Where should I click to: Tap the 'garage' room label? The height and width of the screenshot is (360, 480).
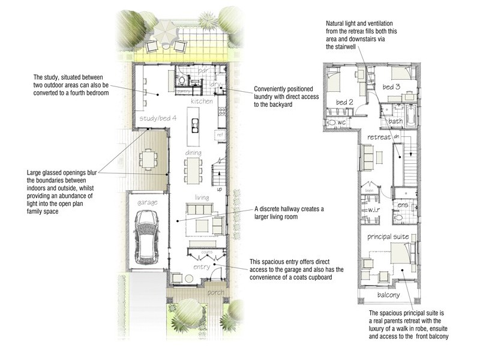147,203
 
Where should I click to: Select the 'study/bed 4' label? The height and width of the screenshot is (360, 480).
157,118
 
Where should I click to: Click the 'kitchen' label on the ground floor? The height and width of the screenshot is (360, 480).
202,102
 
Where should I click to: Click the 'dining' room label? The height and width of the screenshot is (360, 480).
193,154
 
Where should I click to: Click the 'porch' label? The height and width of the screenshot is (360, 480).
215,292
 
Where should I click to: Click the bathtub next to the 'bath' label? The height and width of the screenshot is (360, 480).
412,115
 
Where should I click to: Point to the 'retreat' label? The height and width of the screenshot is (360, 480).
379,137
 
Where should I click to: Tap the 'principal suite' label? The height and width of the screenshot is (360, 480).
388,236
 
